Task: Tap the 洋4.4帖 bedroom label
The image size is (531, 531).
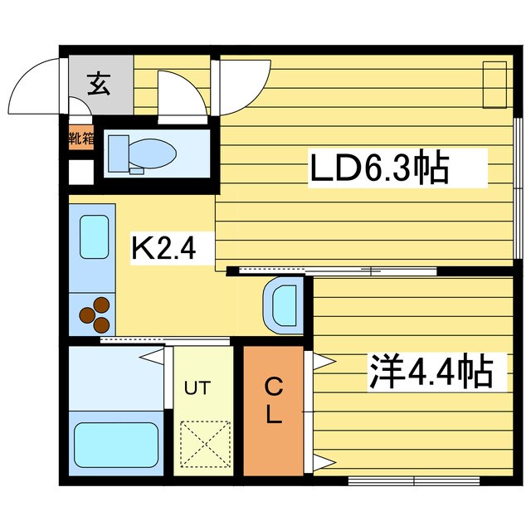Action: pyautogui.click(x=431, y=372)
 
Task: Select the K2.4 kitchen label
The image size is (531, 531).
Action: pyautogui.click(x=163, y=247)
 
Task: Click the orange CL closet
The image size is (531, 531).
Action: pyautogui.click(x=273, y=410)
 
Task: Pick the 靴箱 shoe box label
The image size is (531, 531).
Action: pyautogui.click(x=80, y=139)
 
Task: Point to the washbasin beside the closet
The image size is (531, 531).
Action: pyautogui.click(x=283, y=305)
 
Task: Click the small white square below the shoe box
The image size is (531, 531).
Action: pyautogui.click(x=80, y=173)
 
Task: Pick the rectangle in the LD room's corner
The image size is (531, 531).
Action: pyautogui.click(x=494, y=85)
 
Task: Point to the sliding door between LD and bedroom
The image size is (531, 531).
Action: pyautogui.click(x=332, y=270)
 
